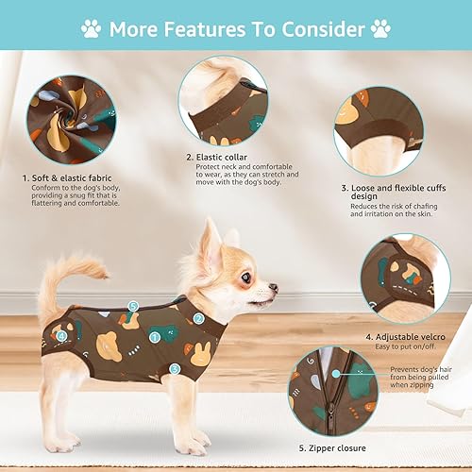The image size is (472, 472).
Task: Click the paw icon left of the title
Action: tap(91, 28)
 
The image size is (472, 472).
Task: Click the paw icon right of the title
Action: tap(380, 28)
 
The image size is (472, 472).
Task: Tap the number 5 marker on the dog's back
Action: tap(133, 306)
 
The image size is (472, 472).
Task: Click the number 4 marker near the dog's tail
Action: tap(61, 334)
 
